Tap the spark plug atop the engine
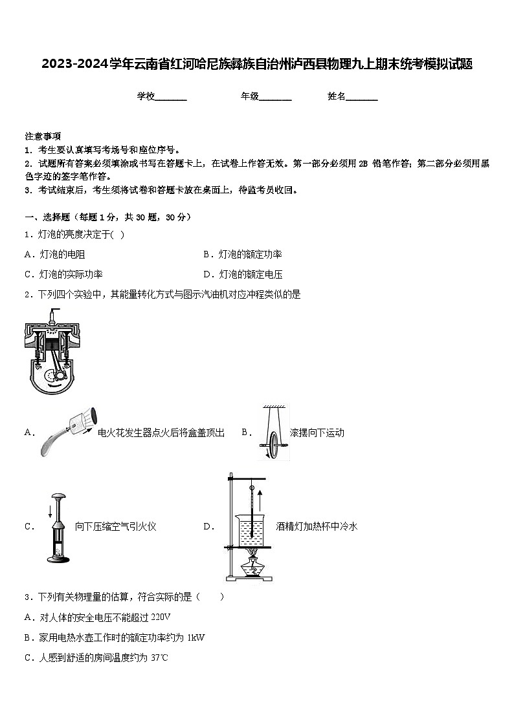click(50, 317)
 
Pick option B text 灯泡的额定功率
click(250, 254)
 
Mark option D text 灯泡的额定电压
click(250, 274)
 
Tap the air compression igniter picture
click(57, 527)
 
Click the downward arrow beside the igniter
click(50, 512)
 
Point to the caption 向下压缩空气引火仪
click(116, 526)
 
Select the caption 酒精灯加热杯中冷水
click(317, 526)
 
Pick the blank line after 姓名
click(362, 98)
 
